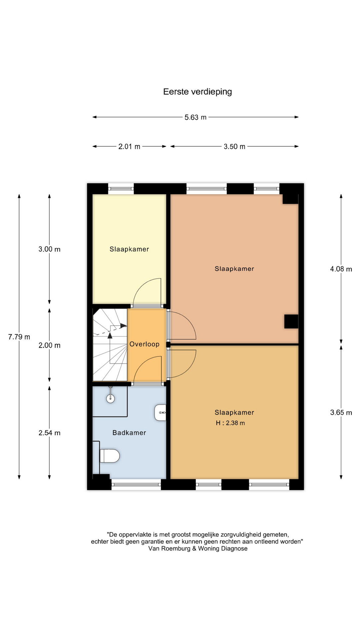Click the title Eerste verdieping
pyautogui.click(x=197, y=92)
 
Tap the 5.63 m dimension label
pyautogui.click(x=196, y=117)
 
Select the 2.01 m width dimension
pyautogui.click(x=129, y=147)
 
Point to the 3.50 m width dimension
pyautogui.click(x=234, y=147)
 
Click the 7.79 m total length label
pyautogui.click(x=19, y=337)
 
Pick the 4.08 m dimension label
pyautogui.click(x=341, y=269)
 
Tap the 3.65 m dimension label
pyautogui.click(x=341, y=413)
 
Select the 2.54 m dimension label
pyautogui.click(x=49, y=433)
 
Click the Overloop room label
pyautogui.click(x=144, y=344)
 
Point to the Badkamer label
pyautogui.click(x=129, y=433)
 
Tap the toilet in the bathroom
pyautogui.click(x=110, y=456)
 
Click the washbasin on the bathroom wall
pyautogui.click(x=160, y=413)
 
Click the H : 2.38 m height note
pyautogui.click(x=230, y=423)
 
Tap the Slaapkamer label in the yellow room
pyautogui.click(x=129, y=249)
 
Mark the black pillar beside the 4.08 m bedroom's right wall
pyautogui.click(x=291, y=322)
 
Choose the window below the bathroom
pyautogui.click(x=136, y=484)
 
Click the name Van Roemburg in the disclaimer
pyautogui.click(x=169, y=549)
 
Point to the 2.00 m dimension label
pyautogui.click(x=49, y=346)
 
